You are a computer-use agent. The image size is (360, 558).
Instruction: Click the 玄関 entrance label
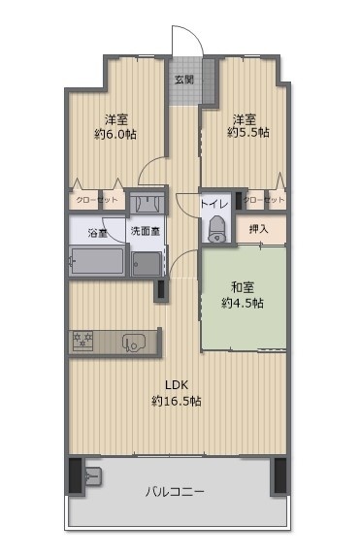click(183, 80)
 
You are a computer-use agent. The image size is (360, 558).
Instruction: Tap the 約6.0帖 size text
click(115, 133)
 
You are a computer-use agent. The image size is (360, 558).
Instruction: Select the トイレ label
click(214, 204)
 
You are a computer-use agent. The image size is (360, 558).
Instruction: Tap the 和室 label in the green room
click(243, 286)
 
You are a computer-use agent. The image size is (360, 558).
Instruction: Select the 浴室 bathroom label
click(97, 233)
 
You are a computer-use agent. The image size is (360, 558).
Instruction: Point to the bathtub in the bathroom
click(97, 262)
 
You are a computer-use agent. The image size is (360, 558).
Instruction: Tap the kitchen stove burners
click(82, 340)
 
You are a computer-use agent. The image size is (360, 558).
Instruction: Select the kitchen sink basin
click(133, 341)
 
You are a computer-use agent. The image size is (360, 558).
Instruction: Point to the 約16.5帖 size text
click(176, 401)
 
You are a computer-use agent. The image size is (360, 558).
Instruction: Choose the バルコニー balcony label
click(175, 492)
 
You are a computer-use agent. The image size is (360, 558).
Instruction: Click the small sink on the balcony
click(94, 476)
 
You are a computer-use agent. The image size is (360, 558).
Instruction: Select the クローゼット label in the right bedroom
click(264, 200)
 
